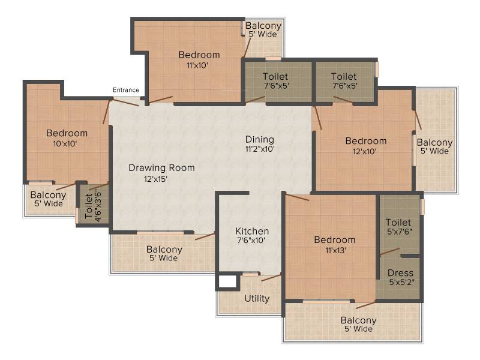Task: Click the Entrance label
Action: [126, 89]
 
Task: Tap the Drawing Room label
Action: [161, 168]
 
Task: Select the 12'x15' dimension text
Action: [156, 179]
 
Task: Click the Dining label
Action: [260, 140]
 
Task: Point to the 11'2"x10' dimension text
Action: [260, 149]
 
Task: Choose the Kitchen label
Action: [252, 231]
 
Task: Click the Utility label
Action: [257, 298]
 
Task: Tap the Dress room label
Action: [400, 273]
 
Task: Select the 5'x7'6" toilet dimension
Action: [400, 232]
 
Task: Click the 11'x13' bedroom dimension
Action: [335, 250]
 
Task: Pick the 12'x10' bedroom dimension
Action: [364, 151]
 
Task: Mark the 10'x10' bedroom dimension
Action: [65, 143]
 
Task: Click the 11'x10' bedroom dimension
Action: [197, 65]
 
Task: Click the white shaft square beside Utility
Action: [228, 281]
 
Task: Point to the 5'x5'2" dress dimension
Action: [401, 282]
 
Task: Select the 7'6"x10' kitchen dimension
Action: [251, 241]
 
